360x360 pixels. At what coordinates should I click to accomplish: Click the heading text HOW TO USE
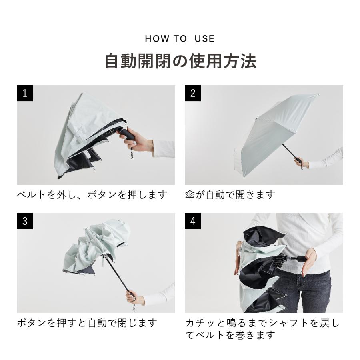[x=180, y=38]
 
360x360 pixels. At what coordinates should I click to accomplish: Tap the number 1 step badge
[x=25, y=93]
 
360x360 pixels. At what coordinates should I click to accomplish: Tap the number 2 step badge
[x=193, y=93]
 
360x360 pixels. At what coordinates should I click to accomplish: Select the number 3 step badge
[x=25, y=221]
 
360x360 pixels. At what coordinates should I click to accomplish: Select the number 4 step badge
[x=193, y=221]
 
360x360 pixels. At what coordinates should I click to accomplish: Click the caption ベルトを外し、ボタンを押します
[x=92, y=195]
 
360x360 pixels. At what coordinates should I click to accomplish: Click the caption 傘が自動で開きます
[x=230, y=195]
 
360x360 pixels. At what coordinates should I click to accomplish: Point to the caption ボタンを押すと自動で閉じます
[x=87, y=323]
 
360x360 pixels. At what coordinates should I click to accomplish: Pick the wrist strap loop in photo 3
[x=134, y=308]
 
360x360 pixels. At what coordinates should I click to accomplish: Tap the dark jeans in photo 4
[x=305, y=292]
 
